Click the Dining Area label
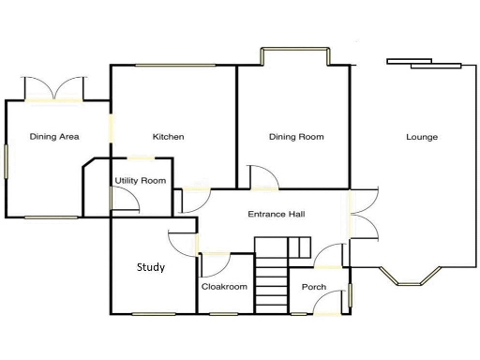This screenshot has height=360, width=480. pos(53,137)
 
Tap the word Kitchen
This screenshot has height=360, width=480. pos(169,137)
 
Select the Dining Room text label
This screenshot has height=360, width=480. pos(296,137)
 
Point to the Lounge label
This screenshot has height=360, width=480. pos(422,137)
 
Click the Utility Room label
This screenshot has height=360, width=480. pos(141,180)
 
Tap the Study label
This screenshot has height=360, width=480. pos(151,267)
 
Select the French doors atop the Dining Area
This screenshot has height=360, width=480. pos(55,89)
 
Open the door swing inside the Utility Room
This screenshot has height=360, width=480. pos(121,198)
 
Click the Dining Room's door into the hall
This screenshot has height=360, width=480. pos(261,176)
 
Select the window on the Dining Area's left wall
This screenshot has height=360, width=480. pos(7,160)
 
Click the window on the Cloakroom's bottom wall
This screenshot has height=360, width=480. pos(224,313)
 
